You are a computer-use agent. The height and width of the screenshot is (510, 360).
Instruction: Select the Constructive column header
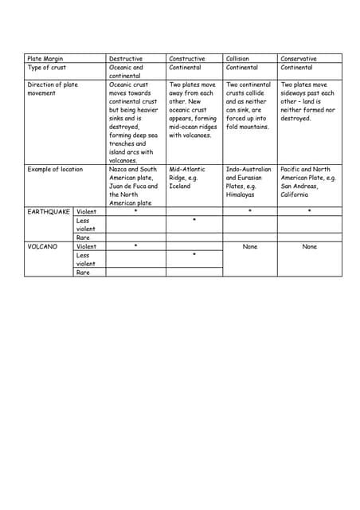tap(187, 59)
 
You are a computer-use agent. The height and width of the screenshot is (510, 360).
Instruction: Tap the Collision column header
tap(237, 59)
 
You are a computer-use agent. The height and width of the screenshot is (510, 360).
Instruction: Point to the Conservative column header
tap(299, 59)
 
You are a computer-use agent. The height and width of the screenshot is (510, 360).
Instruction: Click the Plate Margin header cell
tap(45, 59)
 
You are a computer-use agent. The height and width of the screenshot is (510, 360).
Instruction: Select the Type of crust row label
tap(47, 68)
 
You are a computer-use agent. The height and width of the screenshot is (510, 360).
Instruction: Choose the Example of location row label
tap(55, 170)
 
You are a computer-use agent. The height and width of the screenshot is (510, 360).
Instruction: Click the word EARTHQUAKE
tap(49, 212)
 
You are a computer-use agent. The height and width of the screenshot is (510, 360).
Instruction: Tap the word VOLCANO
tap(43, 247)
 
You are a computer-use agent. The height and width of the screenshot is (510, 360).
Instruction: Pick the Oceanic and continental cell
tap(126, 72)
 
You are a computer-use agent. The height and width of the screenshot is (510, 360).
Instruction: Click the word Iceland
tap(180, 186)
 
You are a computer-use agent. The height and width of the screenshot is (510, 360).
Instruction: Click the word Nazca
tap(119, 170)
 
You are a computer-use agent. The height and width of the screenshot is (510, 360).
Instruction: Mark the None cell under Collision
tap(250, 247)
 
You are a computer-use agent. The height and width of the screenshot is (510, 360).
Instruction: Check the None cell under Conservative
tap(309, 247)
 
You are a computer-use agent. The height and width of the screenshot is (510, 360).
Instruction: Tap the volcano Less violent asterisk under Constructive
tap(194, 255)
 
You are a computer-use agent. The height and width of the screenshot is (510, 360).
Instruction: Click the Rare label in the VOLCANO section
tap(83, 273)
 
